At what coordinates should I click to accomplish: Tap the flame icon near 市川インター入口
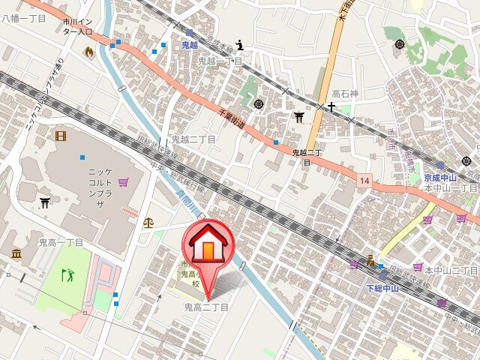click(x=90, y=52)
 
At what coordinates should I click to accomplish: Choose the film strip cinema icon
click(x=60, y=136)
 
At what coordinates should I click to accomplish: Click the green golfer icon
click(x=67, y=274)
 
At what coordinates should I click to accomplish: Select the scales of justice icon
click(x=148, y=222)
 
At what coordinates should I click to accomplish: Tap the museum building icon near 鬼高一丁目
click(x=16, y=255)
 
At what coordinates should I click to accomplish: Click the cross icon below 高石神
click(x=330, y=107)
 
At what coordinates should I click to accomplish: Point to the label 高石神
click(x=345, y=92)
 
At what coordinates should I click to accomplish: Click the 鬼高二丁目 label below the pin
click(x=206, y=307)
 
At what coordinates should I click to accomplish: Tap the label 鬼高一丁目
click(x=61, y=242)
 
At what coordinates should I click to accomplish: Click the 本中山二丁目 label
click(x=451, y=269)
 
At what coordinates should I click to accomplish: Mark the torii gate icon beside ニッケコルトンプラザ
click(x=45, y=203)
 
